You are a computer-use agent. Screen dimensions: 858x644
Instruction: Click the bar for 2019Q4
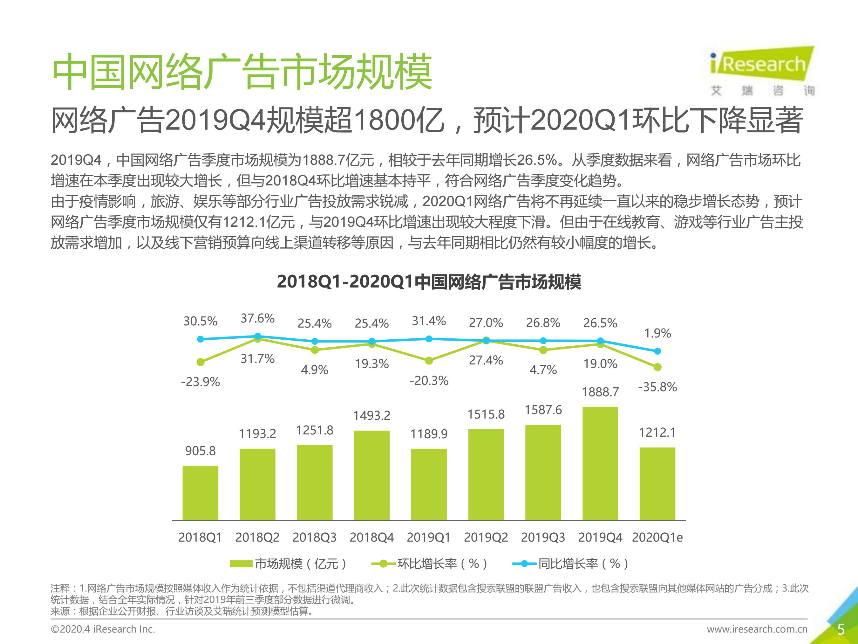tap(600, 463)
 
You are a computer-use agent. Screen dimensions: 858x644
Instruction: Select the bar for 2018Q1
tap(200, 493)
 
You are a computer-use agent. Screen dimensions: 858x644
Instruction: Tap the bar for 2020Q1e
tap(657, 484)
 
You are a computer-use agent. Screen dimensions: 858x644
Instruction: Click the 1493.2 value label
tap(371, 416)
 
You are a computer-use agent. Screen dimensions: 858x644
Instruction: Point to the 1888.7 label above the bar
tap(600, 392)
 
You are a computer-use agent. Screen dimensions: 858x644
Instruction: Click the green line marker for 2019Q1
tap(429, 361)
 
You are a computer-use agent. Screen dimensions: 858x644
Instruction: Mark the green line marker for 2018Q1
tap(201, 362)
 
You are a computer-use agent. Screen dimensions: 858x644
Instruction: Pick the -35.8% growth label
tap(657, 387)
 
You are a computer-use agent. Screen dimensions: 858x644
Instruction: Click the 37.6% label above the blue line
tap(257, 319)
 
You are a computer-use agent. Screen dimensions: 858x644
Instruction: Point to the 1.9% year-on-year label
tap(657, 333)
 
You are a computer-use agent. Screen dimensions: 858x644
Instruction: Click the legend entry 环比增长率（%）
tap(429, 564)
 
